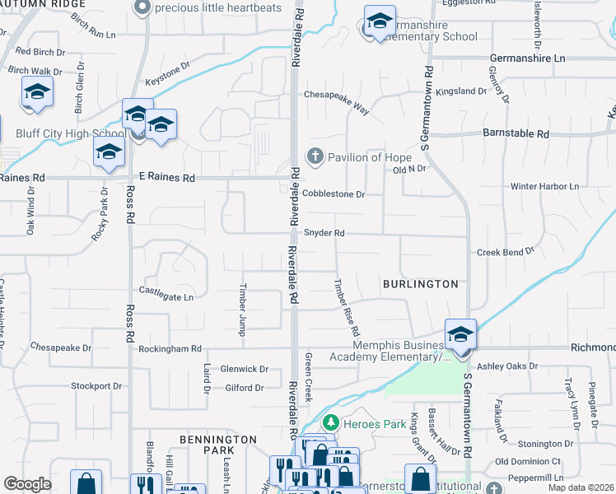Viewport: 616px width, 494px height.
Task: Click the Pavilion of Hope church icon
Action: (x=314, y=156)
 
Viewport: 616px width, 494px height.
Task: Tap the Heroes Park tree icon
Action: (x=330, y=423)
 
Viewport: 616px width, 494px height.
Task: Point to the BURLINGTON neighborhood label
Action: (x=420, y=284)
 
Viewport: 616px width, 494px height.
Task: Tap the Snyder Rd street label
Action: (x=324, y=233)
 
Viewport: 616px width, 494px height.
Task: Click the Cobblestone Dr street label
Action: (x=333, y=194)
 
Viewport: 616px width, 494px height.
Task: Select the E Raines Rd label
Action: (x=166, y=177)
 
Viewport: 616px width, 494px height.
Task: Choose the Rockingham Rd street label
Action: (x=171, y=348)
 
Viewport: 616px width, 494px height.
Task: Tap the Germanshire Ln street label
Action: (x=527, y=58)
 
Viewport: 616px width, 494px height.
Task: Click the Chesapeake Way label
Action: (x=336, y=96)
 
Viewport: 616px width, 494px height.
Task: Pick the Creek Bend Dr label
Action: (x=506, y=249)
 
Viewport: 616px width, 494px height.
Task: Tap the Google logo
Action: (x=26, y=484)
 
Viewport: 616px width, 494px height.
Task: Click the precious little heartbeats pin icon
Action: (x=142, y=8)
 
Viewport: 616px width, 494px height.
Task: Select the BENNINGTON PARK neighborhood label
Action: (x=218, y=445)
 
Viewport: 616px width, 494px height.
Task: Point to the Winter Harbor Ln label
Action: (x=545, y=187)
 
